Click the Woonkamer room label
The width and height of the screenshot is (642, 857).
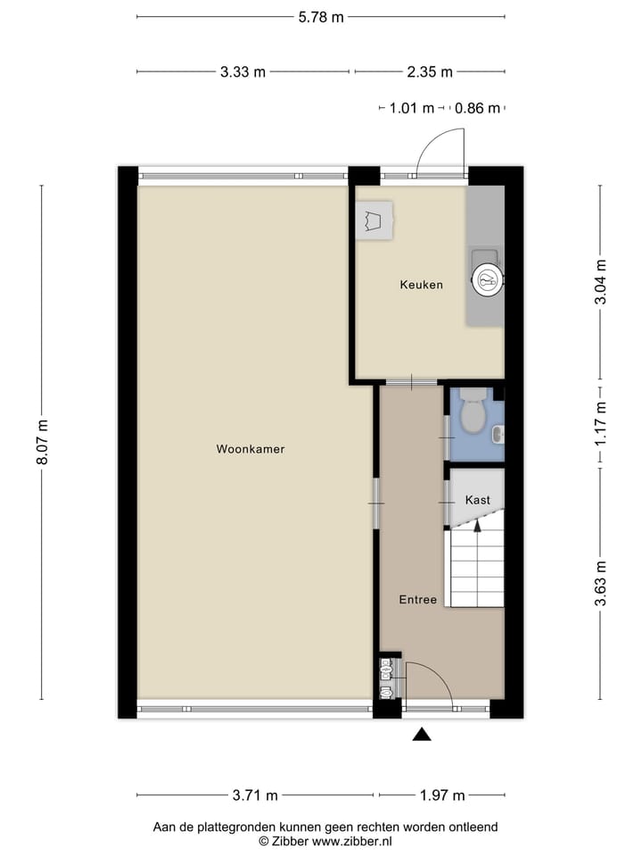point(250,449)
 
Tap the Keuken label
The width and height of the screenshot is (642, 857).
point(421,285)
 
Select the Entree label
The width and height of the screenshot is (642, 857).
point(417,600)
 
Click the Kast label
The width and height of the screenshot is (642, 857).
point(477,501)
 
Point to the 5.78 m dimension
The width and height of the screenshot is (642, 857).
point(320,17)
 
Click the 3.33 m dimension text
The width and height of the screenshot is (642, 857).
point(243,72)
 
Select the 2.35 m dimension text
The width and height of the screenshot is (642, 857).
point(430,72)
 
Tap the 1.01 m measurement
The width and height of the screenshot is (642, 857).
point(411,109)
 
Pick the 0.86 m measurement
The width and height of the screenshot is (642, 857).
point(477,109)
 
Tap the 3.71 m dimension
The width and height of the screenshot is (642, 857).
point(255,795)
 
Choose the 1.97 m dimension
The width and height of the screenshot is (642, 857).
point(441,795)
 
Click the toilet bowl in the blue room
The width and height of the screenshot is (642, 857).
point(473,412)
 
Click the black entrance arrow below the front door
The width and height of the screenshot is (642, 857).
point(422,734)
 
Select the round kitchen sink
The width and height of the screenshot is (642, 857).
point(487,280)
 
